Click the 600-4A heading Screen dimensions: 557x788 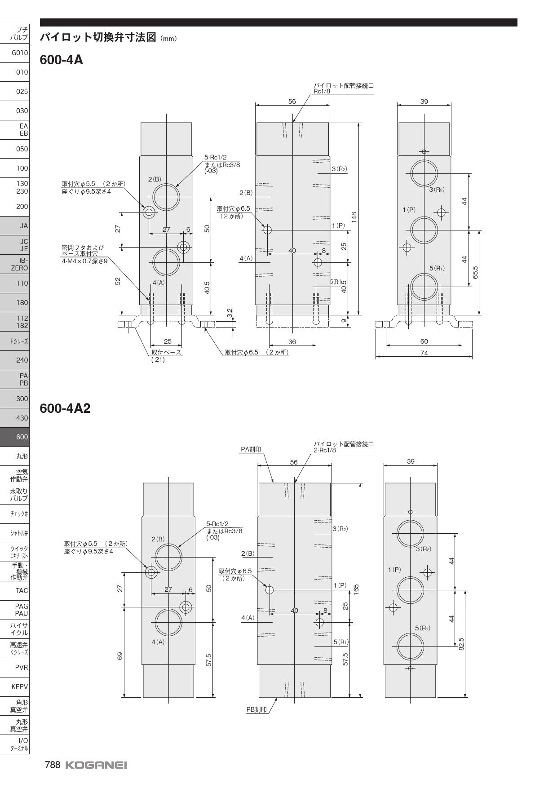click(62, 60)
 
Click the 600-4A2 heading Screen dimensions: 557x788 click(65, 408)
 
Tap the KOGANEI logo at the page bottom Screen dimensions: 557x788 click(96, 765)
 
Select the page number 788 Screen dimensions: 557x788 click(52, 765)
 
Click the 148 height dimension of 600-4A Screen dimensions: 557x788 click(354, 218)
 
